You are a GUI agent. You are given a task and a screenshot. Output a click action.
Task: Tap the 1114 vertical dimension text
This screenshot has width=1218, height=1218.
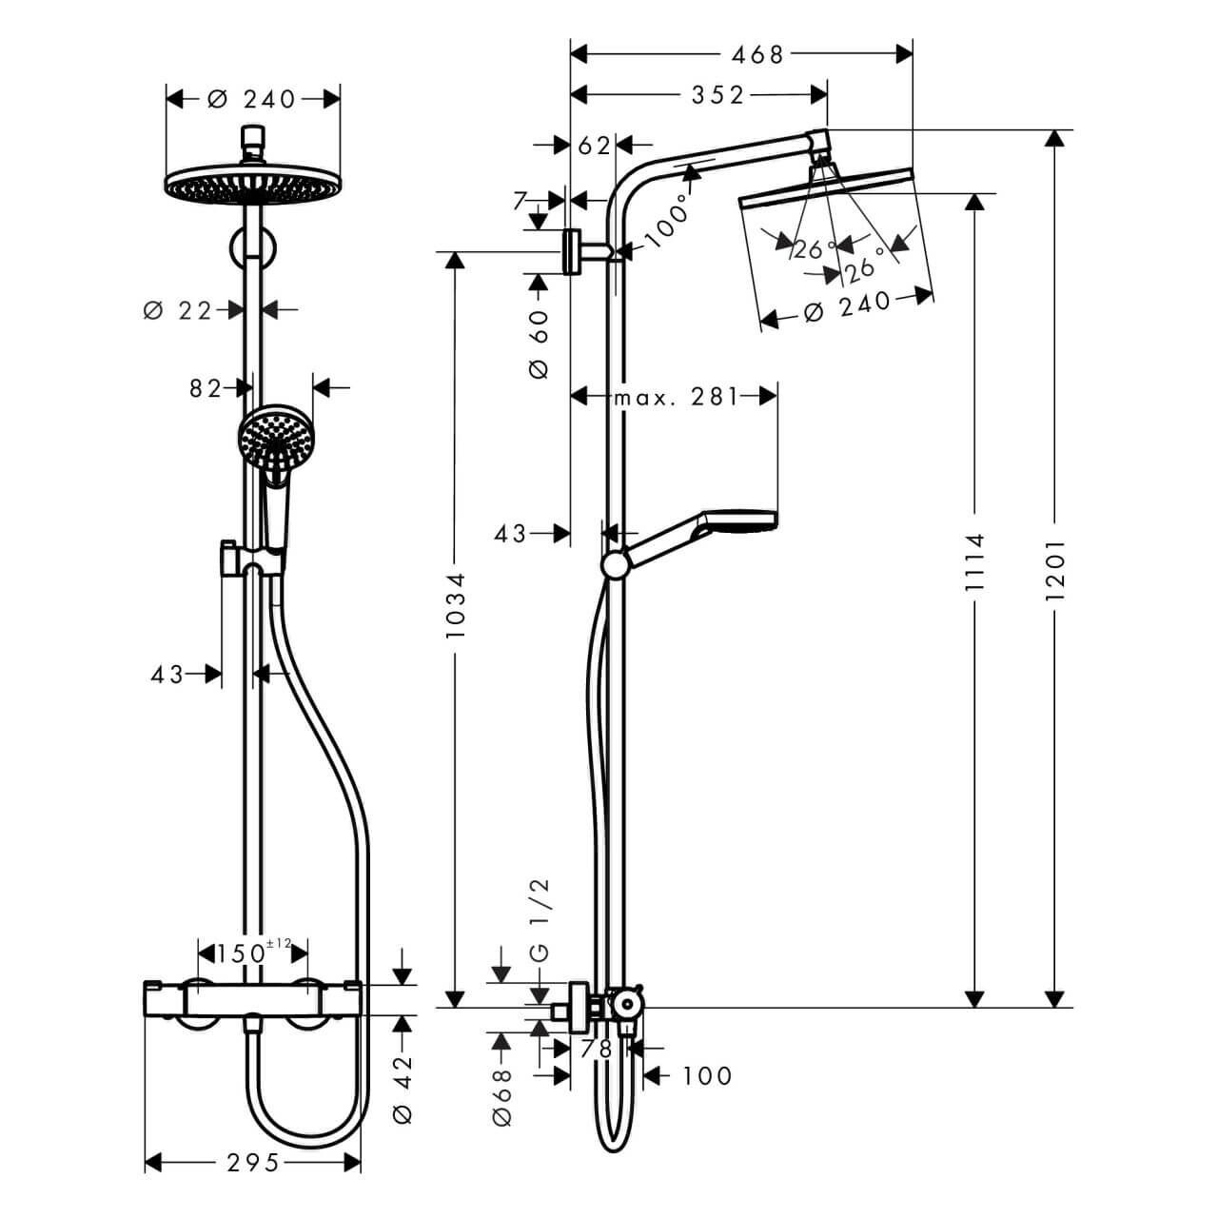[974, 563]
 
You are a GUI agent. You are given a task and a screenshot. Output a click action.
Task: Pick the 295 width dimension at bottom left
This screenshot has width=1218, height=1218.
[253, 1162]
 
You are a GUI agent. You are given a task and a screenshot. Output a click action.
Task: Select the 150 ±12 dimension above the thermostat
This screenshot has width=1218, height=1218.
[252, 952]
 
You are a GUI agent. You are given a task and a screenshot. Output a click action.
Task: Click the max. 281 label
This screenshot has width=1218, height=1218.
[675, 396]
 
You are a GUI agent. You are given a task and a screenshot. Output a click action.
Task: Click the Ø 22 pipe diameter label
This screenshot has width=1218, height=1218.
[177, 309]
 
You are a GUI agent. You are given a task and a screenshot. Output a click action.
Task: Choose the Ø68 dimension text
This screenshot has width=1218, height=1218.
[501, 1096]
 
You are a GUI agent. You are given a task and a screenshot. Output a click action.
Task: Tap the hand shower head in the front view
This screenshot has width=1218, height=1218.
[275, 439]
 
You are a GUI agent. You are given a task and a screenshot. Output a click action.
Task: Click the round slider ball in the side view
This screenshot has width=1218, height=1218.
[616, 565]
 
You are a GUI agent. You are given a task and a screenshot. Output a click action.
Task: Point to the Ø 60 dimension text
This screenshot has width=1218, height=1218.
[539, 344]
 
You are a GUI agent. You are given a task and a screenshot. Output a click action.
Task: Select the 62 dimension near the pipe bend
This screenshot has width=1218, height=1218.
[594, 145]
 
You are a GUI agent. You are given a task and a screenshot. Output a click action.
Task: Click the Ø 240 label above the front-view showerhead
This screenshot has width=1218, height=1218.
[252, 98]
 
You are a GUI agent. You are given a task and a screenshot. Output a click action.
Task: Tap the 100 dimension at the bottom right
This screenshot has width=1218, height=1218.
[707, 1075]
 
